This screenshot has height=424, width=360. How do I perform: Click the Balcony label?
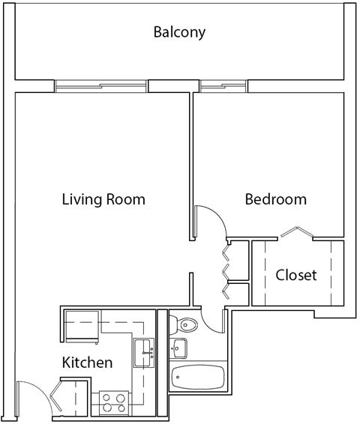point(179,32)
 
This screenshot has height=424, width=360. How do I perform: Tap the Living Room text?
point(103,200)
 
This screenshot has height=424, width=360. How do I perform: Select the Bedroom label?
point(276,199)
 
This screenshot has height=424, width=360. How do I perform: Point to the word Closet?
point(296,275)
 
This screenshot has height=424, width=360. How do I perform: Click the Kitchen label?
point(87,363)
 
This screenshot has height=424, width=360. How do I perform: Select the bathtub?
point(198,377)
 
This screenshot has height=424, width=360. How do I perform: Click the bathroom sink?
point(178,348)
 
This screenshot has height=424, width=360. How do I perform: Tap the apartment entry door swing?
point(34,397)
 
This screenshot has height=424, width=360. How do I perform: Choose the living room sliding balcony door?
point(101,86)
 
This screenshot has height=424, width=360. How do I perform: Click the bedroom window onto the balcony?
point(223,86)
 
